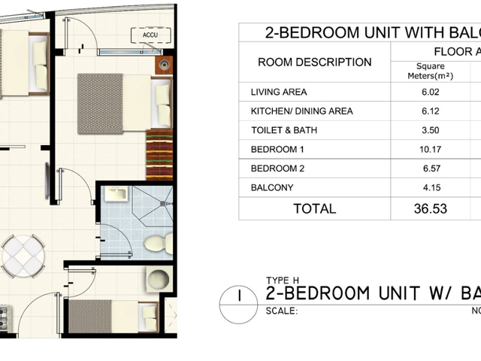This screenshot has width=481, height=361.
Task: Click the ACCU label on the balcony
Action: click(x=150, y=35)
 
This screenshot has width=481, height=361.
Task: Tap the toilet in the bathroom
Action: click(x=159, y=243)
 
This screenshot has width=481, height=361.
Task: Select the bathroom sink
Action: click(x=116, y=194)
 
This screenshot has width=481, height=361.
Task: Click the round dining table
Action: click(x=23, y=256)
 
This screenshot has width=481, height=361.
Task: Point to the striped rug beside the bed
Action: click(x=159, y=155)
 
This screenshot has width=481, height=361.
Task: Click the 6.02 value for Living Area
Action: click(x=431, y=92)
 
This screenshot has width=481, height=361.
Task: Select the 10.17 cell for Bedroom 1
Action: click(x=431, y=150)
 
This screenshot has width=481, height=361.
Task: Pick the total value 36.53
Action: click(x=431, y=209)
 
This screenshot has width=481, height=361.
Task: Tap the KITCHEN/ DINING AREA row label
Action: click(x=302, y=111)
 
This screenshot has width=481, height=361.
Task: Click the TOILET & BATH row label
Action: click(x=284, y=130)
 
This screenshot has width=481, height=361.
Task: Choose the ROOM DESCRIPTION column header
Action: click(x=315, y=62)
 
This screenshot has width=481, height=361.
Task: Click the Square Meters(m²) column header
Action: click(x=431, y=71)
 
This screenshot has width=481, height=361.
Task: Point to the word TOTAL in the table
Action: click(x=315, y=209)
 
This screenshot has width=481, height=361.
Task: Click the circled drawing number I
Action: click(x=239, y=305)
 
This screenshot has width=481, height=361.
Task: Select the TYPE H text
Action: click(x=283, y=281)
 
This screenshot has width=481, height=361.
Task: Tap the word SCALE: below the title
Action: click(x=282, y=311)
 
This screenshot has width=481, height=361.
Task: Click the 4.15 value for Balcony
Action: click(x=432, y=187)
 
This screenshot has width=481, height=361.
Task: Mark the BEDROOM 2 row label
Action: click(x=277, y=168)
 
